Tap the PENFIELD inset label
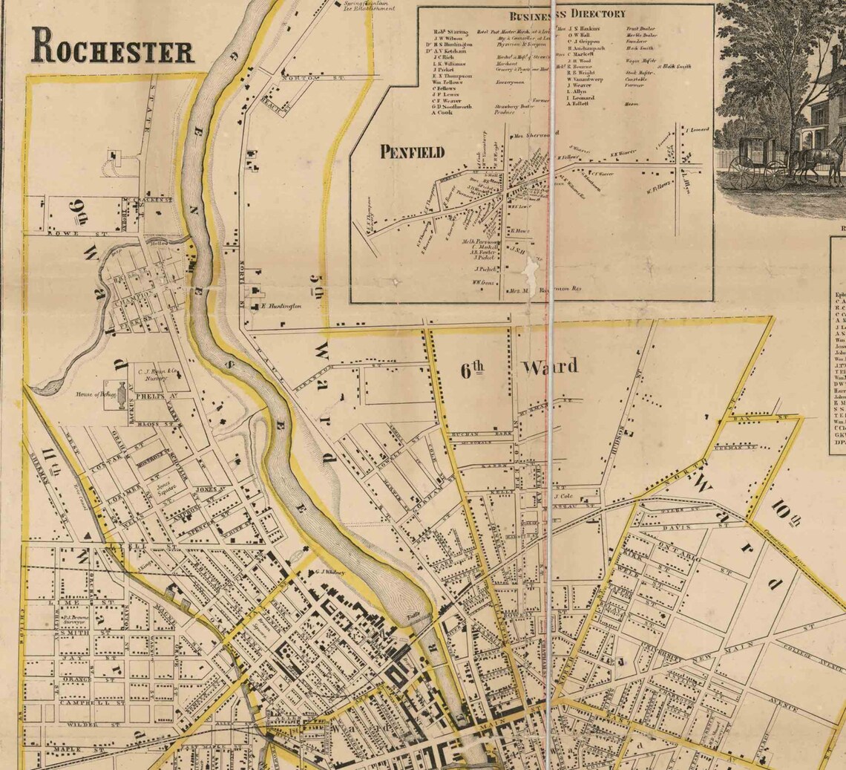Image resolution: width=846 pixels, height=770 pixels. [412, 152]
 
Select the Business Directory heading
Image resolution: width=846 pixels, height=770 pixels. [567, 13]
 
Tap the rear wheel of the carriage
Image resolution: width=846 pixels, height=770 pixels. [741, 173]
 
